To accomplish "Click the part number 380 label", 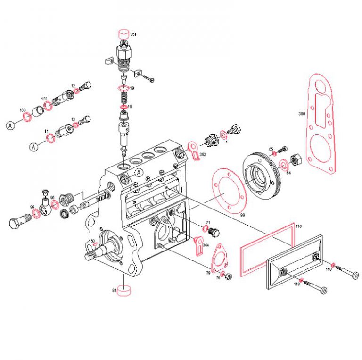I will coord(302,113).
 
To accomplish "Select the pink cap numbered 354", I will coord(123,34).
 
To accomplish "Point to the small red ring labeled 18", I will coord(123,107).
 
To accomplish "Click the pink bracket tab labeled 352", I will coord(193,149).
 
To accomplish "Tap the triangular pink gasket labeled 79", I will coord(218,259).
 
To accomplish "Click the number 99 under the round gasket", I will coord(242,215).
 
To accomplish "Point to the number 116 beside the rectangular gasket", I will coord(298,227).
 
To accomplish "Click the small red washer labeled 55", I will coord(275,154).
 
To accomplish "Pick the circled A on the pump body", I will coord(139,173).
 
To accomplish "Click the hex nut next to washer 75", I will coord(230,276).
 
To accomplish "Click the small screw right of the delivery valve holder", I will coord(150,80).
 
